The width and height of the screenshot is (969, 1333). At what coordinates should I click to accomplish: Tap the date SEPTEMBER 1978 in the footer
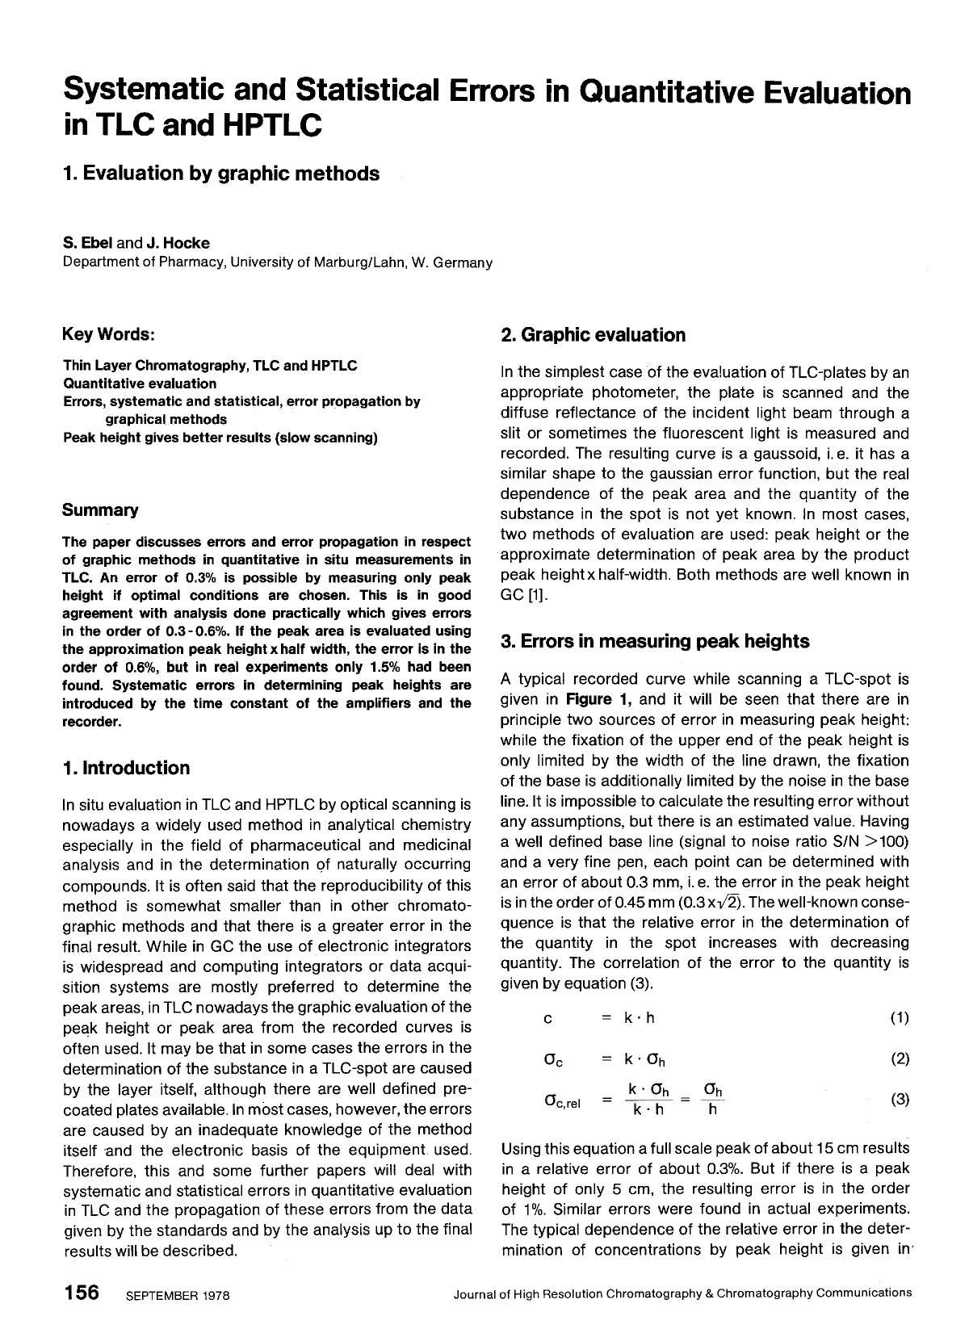pos(178,1296)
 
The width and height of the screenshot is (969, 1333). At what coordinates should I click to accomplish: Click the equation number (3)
pos(900,1099)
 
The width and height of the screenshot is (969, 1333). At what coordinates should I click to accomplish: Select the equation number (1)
pos(900,1017)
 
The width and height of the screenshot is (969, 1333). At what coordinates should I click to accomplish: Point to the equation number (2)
pos(900,1058)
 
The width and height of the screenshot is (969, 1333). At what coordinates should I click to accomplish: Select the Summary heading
pos(100,510)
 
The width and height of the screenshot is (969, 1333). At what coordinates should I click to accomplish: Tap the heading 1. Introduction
pos(126,768)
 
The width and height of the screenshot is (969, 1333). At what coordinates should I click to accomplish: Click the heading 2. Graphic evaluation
pos(593,335)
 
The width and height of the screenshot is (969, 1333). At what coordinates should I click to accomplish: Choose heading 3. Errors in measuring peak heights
pos(655,641)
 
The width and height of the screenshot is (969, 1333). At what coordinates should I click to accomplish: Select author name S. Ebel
pos(88,243)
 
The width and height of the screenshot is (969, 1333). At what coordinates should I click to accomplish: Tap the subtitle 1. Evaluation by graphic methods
pos(220,174)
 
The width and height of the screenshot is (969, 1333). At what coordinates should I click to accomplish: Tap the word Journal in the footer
pos(476,1293)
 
